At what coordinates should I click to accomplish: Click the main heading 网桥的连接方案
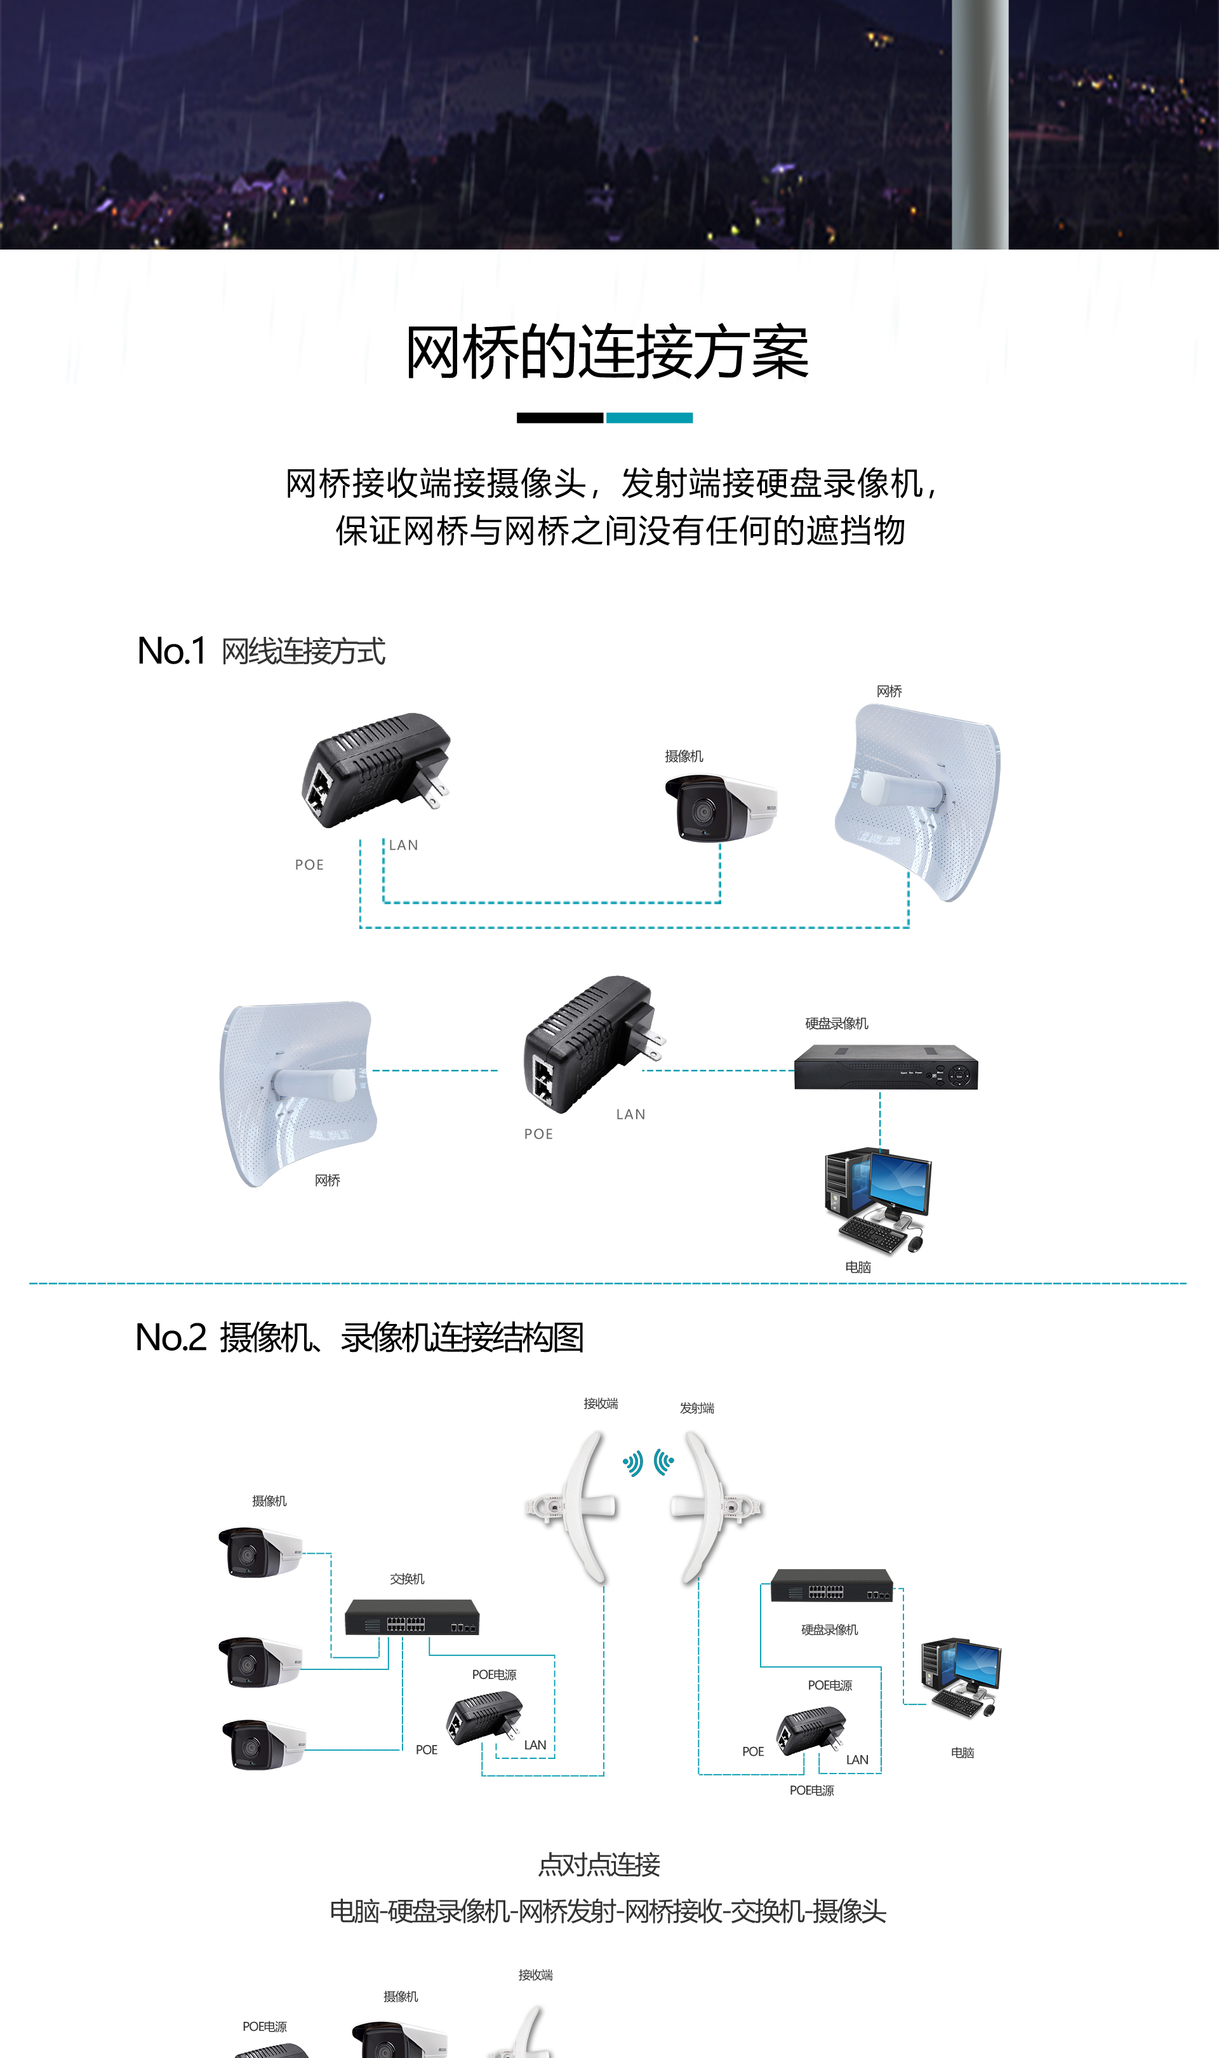point(608,352)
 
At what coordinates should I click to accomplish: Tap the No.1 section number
point(171,651)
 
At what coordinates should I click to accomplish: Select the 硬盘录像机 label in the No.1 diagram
point(836,1024)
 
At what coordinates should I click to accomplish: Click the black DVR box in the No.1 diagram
point(886,1067)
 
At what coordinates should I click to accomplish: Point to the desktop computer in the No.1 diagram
point(877,1199)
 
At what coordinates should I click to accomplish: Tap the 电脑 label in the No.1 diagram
point(858,1267)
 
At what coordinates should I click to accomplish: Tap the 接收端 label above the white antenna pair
point(601,1404)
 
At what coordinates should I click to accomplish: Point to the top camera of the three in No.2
point(260,1552)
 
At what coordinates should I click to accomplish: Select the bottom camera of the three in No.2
point(263,1745)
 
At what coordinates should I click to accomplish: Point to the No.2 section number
point(170,1337)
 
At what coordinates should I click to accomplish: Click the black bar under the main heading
point(559,418)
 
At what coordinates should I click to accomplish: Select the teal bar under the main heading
point(649,418)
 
